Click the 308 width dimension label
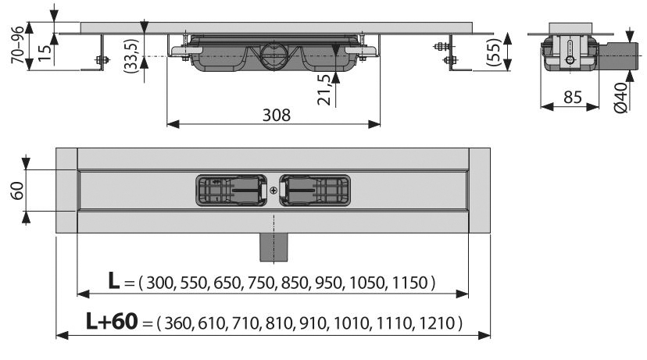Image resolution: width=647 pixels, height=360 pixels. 277,115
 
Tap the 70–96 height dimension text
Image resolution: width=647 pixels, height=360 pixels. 18,45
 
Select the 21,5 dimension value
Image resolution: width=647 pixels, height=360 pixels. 324,90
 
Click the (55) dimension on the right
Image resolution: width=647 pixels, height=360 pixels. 493,52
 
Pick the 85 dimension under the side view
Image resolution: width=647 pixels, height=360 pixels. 573,98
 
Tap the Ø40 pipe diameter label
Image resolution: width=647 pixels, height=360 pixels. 620,98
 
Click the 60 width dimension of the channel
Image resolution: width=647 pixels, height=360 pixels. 17,191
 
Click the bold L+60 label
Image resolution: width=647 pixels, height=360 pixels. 112,321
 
